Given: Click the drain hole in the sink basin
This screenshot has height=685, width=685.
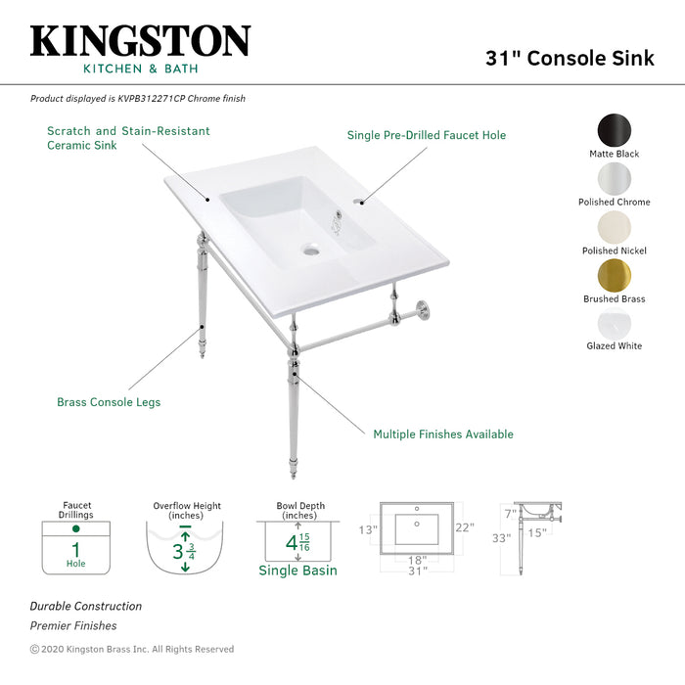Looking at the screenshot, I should (x=311, y=251).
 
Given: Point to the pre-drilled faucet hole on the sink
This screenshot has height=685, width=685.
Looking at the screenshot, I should (x=360, y=204).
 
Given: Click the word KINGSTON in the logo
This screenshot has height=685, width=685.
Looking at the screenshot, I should (x=140, y=41).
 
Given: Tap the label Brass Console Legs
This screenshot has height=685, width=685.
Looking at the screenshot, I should (x=109, y=402).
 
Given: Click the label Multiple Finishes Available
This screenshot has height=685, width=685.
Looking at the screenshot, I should (x=443, y=434).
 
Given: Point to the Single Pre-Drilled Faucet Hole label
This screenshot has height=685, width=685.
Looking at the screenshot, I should (x=427, y=135).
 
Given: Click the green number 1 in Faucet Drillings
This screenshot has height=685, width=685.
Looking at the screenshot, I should (x=75, y=548).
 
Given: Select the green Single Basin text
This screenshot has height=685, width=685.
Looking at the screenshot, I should (x=297, y=571).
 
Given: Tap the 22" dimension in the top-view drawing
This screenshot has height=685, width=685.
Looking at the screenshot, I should (x=464, y=528).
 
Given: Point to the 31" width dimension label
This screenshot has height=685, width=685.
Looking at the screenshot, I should (x=418, y=571).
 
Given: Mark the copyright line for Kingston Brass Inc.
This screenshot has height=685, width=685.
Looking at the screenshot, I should (x=132, y=649).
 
